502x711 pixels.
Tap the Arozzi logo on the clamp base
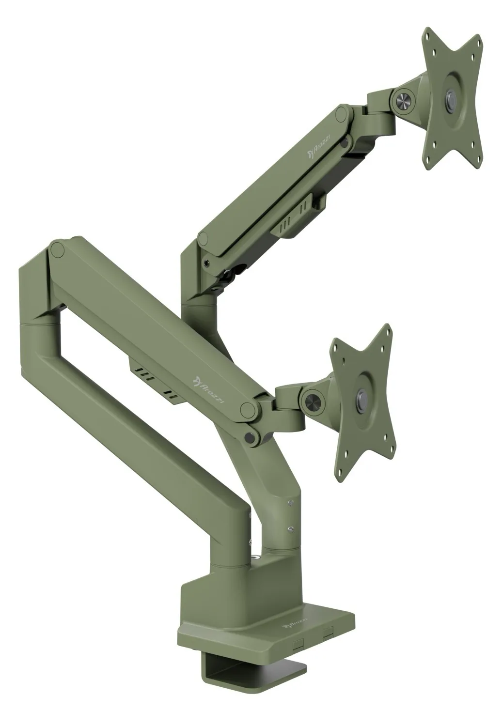coord(294,621)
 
